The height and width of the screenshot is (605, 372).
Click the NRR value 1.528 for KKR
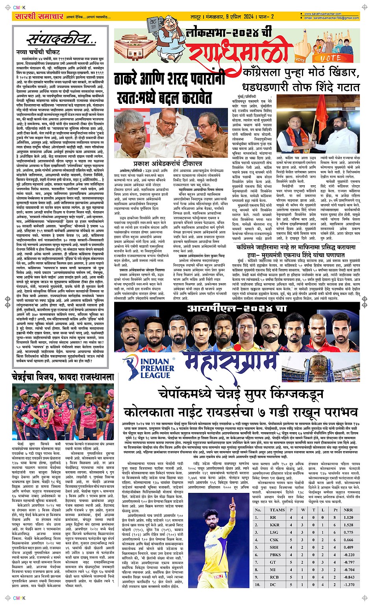point(348,524)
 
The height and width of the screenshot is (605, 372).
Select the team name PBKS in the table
point(275,554)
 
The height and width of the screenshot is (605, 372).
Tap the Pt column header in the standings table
point(335,510)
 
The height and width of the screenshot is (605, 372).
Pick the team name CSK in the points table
point(274,539)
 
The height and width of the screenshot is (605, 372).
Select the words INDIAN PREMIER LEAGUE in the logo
point(155,369)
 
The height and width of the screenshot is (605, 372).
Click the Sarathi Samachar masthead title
point(39,17)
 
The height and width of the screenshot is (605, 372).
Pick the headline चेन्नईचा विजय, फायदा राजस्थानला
point(63,376)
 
